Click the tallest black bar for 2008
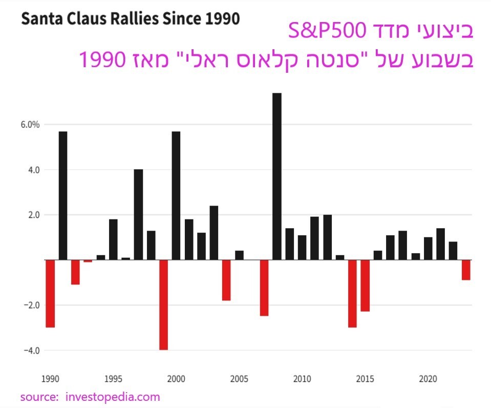pos(277,176)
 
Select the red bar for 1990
pos(50,293)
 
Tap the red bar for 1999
pos(163,304)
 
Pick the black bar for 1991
pos(63,196)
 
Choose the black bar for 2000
pos(176,196)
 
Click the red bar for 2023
pos(465,270)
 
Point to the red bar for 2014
pos(352,293)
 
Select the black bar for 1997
pos(138,214)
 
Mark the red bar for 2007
pos(264,288)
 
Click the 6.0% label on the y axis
pos(30,125)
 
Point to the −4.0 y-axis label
pos(31,351)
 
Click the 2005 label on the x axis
pos(239,380)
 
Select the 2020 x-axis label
pos(428,380)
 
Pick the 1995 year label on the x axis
pos(113,380)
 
